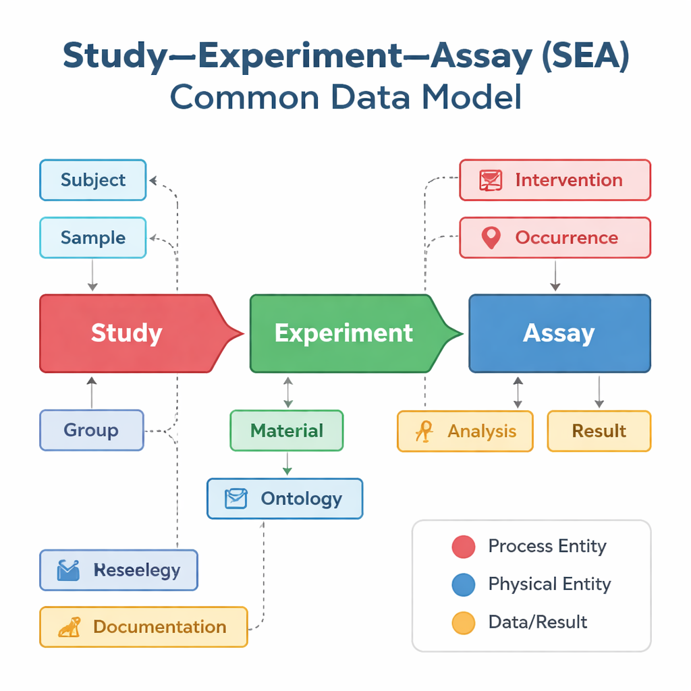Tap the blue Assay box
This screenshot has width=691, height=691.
click(x=559, y=333)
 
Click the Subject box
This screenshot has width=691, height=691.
click(x=93, y=180)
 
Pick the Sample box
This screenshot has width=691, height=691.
click(x=93, y=238)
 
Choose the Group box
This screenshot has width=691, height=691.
click(x=92, y=430)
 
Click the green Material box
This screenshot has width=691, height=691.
click(x=287, y=431)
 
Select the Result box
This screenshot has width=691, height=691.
click(x=599, y=431)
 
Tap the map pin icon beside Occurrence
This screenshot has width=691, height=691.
click(x=491, y=238)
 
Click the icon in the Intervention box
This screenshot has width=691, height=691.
click(x=491, y=180)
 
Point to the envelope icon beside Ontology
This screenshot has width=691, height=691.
click(x=236, y=499)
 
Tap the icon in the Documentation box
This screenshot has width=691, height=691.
click(x=70, y=627)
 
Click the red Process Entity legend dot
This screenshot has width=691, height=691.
click(x=463, y=547)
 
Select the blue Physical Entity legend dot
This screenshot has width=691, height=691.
click(x=463, y=584)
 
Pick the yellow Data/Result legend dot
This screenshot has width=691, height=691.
click(x=463, y=622)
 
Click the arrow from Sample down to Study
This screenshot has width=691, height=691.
click(x=92, y=275)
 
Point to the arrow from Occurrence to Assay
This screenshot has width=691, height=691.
click(x=555, y=275)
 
